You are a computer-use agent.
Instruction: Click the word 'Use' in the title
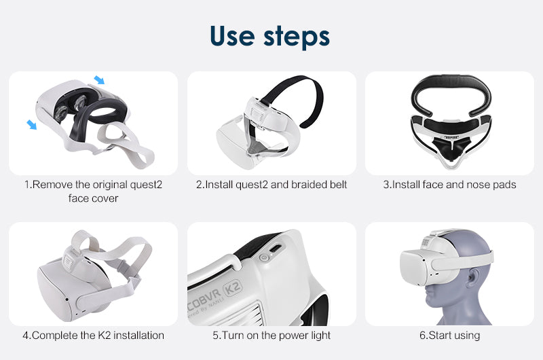pos(232,36)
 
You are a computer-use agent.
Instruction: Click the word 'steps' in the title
pos(297,37)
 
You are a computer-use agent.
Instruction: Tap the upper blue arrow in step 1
pos(99,80)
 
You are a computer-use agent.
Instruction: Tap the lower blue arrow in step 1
pos(31,125)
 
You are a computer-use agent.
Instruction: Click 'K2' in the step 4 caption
pos(105,335)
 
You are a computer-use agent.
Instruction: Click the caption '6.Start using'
pos(449,336)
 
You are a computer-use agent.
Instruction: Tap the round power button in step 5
pos(264,257)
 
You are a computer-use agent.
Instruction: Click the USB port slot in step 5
pos(276,249)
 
